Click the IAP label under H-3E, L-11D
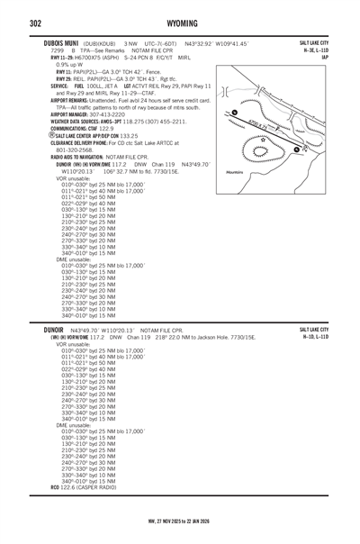click(337, 57)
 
